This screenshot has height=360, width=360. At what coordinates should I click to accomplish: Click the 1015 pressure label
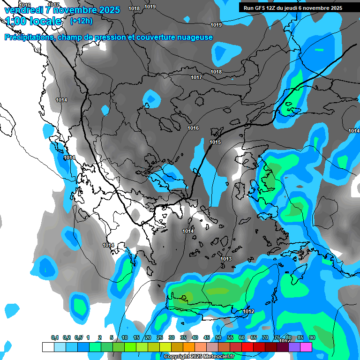(215, 142)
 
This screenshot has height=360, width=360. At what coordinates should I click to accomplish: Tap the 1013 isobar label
(226, 259)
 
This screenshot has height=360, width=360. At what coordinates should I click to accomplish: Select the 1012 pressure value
(249, 312)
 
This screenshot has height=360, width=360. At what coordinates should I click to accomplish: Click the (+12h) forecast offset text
(81, 21)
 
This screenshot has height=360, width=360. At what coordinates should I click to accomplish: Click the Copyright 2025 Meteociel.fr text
(199, 357)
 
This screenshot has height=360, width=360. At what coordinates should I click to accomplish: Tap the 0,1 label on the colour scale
(55, 338)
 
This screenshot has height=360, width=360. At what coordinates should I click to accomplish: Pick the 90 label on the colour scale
(312, 338)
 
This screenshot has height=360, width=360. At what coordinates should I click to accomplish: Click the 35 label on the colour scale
(183, 338)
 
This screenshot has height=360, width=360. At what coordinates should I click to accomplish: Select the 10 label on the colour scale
(124, 338)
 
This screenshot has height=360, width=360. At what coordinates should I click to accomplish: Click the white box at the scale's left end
(48, 347)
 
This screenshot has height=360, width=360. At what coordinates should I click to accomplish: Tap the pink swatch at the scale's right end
(306, 347)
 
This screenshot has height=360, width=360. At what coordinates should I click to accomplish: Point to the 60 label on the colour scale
(241, 338)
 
